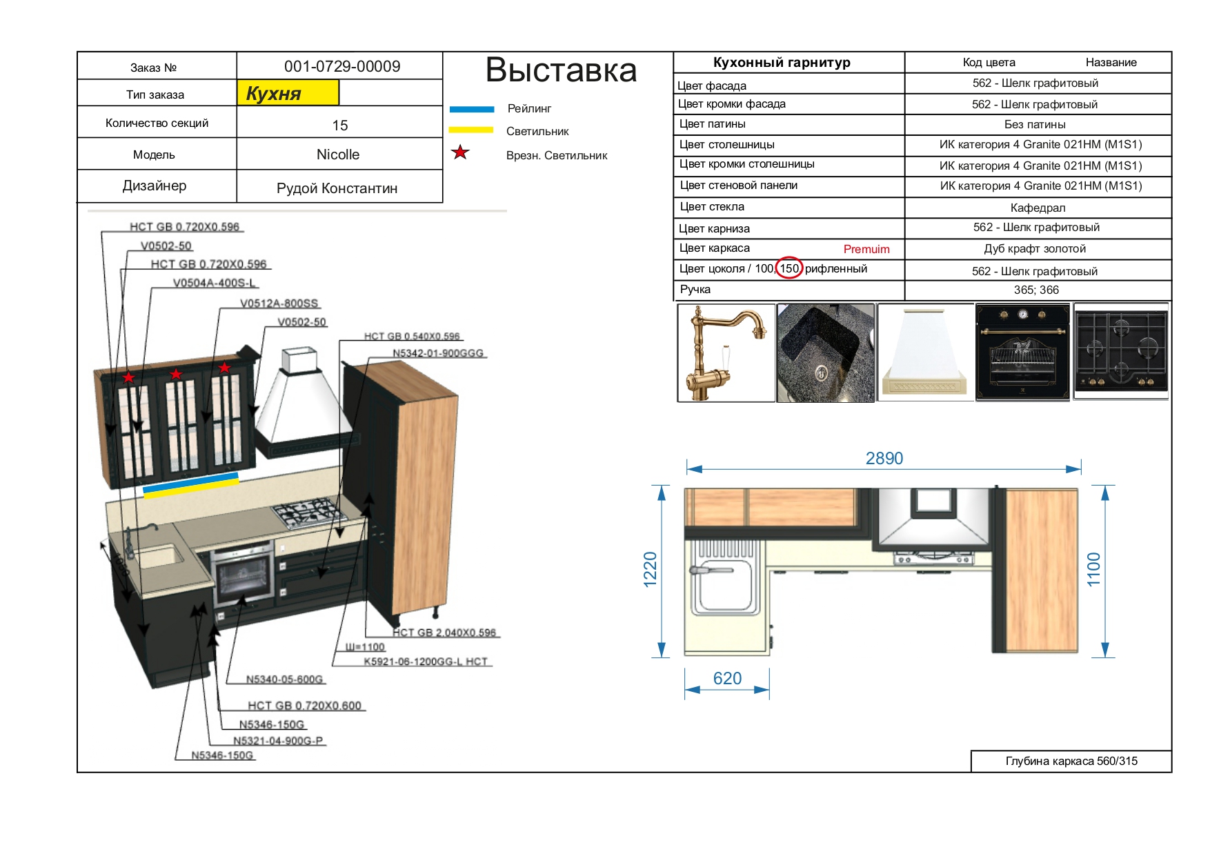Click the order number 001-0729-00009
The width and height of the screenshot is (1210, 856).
[342, 66]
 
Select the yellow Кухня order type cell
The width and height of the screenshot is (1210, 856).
[288, 93]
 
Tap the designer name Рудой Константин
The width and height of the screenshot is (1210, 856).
[337, 188]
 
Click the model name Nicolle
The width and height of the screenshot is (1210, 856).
[338, 155]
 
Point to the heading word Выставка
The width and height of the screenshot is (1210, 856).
[561, 70]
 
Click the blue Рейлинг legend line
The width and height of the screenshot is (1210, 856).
[472, 109]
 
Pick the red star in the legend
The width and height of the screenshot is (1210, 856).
[460, 152]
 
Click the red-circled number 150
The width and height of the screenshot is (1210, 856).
[789, 268]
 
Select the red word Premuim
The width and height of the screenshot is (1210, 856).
[866, 249]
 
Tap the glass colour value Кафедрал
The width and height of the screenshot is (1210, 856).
[1038, 208]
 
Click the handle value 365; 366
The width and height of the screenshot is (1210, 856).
[1036, 290]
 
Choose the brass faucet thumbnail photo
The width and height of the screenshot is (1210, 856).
[726, 353]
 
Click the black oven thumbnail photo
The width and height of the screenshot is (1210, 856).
[1022, 352]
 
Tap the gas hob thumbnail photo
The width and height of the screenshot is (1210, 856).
[1120, 352]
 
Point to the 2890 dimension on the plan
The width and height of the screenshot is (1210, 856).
[884, 459]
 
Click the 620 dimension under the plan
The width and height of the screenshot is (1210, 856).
[727, 679]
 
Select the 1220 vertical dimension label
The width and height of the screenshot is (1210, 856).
[650, 570]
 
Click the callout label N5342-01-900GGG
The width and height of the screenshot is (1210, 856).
[438, 353]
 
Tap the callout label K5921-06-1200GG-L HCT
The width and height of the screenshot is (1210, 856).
[426, 661]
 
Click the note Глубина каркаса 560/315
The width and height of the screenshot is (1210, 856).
[1071, 761]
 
